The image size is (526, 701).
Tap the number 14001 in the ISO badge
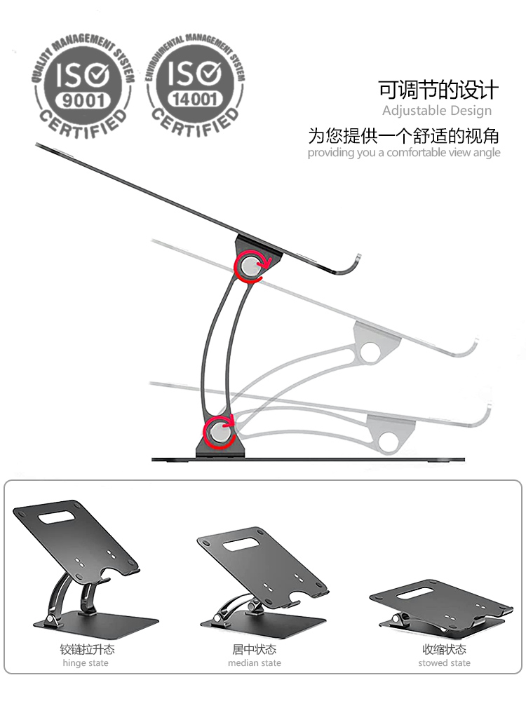click(194, 99)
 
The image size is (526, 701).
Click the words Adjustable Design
click(437, 111)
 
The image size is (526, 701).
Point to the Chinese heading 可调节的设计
click(438, 90)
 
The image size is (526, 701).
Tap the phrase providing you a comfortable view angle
click(404, 152)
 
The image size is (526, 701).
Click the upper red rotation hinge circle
click(250, 267)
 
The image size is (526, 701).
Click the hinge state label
click(86, 663)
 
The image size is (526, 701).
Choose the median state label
click(255, 663)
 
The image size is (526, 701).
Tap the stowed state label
click(444, 663)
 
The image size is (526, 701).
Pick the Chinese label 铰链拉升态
click(87, 649)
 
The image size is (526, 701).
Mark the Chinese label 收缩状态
click(444, 649)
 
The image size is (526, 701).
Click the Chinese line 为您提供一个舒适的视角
click(403, 136)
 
